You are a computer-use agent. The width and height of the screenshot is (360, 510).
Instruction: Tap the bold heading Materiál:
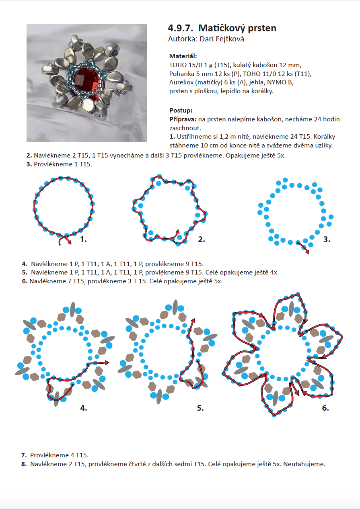tap(183, 56)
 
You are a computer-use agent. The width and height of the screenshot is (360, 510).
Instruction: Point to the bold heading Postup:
tap(181, 110)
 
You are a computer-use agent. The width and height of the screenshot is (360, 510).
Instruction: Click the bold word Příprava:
tap(183, 119)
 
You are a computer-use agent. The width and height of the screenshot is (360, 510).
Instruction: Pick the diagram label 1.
tap(83, 240)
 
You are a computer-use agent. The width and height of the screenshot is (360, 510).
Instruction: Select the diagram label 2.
tap(202, 240)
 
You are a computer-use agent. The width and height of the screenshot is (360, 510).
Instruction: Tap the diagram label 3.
tap(327, 240)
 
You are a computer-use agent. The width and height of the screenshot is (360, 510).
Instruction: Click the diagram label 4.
tap(83, 408)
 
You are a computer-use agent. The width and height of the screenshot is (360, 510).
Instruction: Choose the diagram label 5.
tap(200, 408)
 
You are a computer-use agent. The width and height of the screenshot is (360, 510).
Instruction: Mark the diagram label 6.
tap(325, 408)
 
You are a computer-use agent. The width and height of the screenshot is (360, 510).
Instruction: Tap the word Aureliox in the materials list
tap(181, 83)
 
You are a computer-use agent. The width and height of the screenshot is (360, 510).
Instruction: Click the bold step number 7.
tap(24, 455)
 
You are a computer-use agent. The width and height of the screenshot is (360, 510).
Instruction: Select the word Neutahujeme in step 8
tap(307, 464)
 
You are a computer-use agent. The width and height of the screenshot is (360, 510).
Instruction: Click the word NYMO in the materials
tap(277, 83)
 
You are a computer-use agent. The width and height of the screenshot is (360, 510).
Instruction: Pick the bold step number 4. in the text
tap(24, 264)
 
